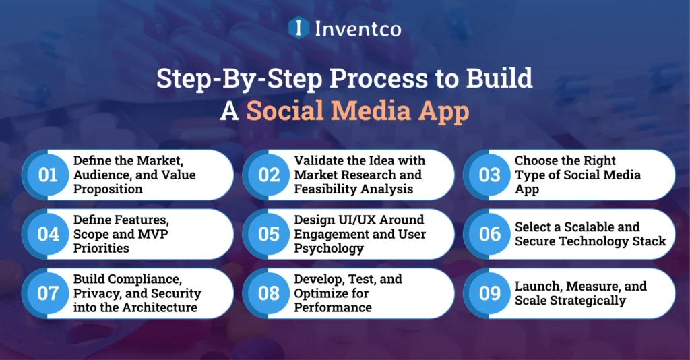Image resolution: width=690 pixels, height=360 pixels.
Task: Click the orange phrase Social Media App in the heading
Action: [x=357, y=111]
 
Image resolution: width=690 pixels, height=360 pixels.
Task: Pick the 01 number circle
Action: [x=48, y=175]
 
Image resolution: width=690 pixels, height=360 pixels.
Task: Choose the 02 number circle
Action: [x=269, y=175]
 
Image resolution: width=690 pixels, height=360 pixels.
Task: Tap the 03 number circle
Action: [x=490, y=175]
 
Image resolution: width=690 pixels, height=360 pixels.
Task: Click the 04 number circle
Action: [x=48, y=234]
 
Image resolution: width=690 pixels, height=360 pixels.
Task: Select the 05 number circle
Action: [x=269, y=234]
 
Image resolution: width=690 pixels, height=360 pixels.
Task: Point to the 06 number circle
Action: [x=490, y=234]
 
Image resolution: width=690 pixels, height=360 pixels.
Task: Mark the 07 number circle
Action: [x=48, y=293]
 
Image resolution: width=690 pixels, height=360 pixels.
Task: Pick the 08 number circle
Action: [x=269, y=293]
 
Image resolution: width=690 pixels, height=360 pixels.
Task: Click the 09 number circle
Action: [x=490, y=293]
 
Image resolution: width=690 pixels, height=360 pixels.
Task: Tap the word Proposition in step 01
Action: [x=108, y=189]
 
